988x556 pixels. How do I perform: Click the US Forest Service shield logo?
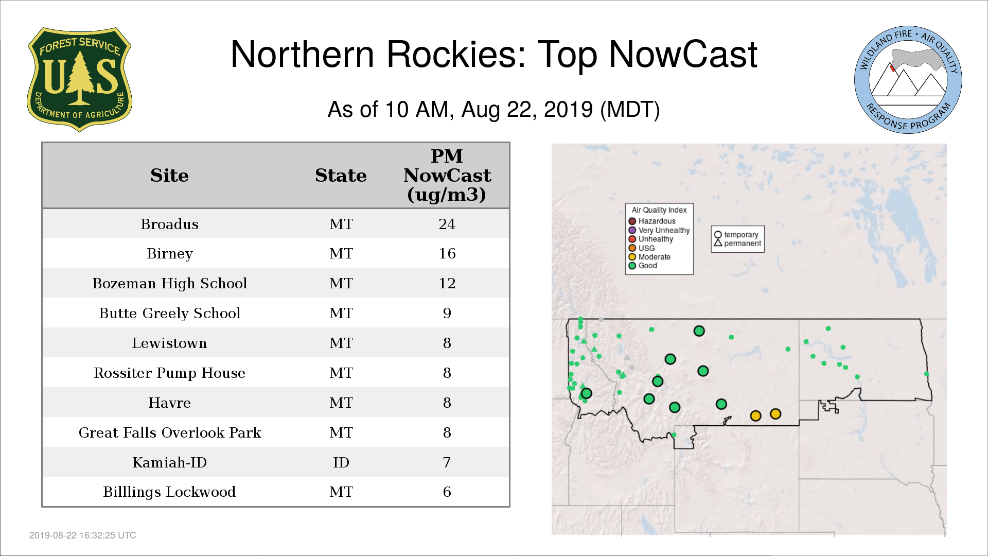click(x=79, y=80)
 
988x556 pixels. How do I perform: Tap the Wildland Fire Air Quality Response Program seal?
click(x=908, y=80)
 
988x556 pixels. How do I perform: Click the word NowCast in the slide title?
click(x=683, y=54)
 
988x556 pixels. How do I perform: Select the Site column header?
click(x=169, y=176)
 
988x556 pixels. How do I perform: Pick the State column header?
click(x=341, y=176)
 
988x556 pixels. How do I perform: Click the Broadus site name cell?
click(x=169, y=224)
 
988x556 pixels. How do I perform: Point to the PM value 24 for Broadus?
click(x=447, y=224)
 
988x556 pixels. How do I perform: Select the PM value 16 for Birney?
click(x=447, y=253)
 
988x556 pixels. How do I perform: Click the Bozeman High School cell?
click(x=169, y=283)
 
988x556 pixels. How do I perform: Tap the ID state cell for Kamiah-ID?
click(x=341, y=462)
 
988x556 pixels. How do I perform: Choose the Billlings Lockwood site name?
click(x=169, y=492)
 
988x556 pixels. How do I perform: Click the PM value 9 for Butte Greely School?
click(x=447, y=313)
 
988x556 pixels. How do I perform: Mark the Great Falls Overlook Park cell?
click(x=169, y=432)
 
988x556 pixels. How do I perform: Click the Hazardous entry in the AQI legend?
click(x=652, y=221)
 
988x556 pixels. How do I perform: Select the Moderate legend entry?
click(x=649, y=257)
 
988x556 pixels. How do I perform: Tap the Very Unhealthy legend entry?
click(x=659, y=230)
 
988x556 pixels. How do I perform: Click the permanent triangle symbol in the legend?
click(x=718, y=242)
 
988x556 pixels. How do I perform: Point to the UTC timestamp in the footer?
click(x=83, y=535)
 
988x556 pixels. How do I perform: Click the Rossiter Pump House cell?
click(x=169, y=373)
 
